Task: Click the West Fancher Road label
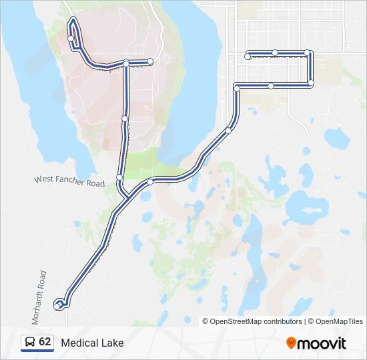coord(69,181)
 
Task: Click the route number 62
coord(45,341)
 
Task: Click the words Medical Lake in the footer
coord(92,343)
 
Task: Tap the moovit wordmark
coord(322,343)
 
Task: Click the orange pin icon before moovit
coord(291,343)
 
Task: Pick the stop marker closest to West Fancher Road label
coord(119,177)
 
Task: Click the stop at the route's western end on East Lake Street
coord(248,57)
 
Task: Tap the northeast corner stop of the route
coord(307,53)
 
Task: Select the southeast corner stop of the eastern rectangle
coord(311,83)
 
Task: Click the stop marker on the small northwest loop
coord(71,39)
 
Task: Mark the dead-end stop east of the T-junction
coord(150,61)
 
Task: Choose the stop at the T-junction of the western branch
coord(126,63)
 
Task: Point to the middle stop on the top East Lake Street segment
coord(275,53)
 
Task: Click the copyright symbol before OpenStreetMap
coord(206,321)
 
